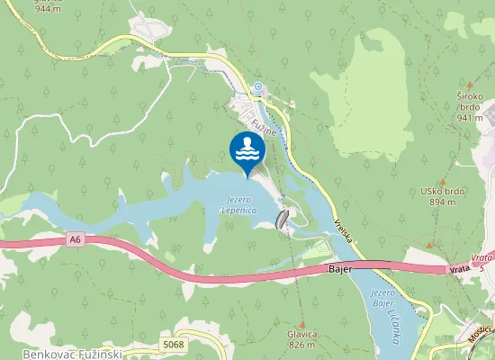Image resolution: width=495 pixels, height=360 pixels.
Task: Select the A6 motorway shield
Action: click(x=75, y=239)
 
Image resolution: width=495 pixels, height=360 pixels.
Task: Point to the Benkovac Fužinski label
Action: click(x=72, y=354)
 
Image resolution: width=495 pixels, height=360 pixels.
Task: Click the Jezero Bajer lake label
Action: click(x=383, y=299)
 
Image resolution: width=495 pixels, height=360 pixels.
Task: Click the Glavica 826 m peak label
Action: click(x=301, y=338)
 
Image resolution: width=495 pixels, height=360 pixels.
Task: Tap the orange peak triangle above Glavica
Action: click(x=302, y=323)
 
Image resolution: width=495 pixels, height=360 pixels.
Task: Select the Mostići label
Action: click(x=480, y=334)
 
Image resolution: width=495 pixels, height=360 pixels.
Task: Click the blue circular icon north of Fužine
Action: click(x=258, y=87)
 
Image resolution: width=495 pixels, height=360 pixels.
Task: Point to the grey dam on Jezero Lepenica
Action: click(x=283, y=219)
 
